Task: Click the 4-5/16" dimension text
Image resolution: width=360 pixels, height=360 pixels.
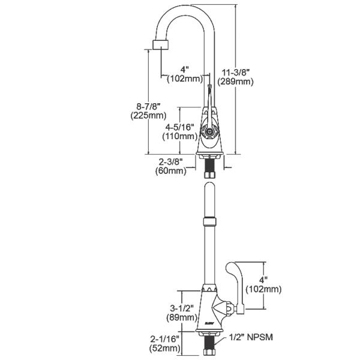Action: (x=179, y=126)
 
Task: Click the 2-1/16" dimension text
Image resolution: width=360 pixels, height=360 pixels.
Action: (x=166, y=337)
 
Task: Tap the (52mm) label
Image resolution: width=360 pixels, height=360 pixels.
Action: (x=166, y=347)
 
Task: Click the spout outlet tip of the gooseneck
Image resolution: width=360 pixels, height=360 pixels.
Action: (x=160, y=46)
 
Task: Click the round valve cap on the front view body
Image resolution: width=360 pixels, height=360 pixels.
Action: (x=209, y=131)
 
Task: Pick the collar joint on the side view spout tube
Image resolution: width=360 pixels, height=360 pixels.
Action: (x=209, y=223)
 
